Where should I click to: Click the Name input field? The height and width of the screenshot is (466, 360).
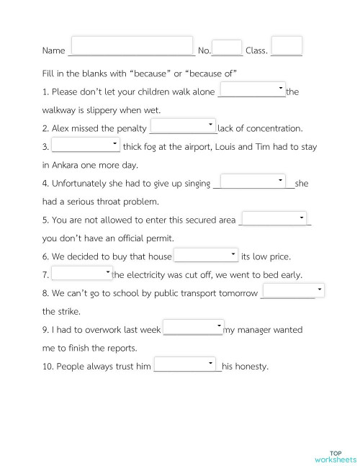click(x=132, y=45)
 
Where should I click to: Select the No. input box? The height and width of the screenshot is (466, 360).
click(x=228, y=47)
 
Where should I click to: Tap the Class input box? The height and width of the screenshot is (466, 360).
click(x=287, y=45)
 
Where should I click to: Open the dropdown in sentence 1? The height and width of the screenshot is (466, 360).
click(x=252, y=89)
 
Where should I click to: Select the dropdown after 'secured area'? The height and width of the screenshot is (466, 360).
click(x=274, y=218)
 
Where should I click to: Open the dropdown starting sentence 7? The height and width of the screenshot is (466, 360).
click(x=82, y=273)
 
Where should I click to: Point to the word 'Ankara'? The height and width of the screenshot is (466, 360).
click(x=66, y=165)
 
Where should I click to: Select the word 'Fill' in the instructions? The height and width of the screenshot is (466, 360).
click(x=49, y=73)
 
